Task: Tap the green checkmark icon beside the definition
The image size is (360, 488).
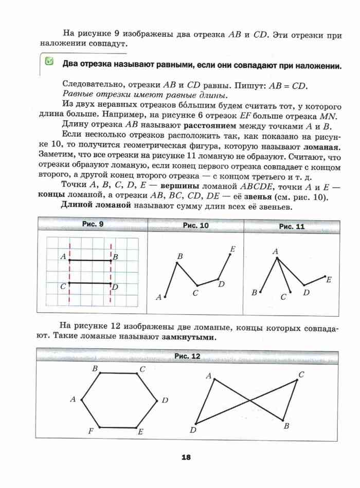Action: click(49, 62)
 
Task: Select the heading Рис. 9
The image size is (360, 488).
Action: click(93, 225)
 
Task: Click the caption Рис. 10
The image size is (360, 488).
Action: click(195, 226)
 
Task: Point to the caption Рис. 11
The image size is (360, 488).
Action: click(292, 226)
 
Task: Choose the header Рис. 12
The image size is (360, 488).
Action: click(187, 356)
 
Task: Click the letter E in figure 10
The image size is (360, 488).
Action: click(233, 249)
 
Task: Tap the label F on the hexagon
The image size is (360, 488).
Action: click(91, 431)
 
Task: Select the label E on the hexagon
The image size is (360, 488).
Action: click(140, 432)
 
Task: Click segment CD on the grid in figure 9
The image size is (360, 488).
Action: click(90, 283)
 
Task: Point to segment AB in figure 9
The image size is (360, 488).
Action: click(90, 260)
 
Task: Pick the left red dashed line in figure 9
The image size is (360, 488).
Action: click(69, 273)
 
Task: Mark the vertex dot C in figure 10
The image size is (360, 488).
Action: click(197, 286)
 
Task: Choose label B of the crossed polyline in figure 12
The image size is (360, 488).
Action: click(286, 426)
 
